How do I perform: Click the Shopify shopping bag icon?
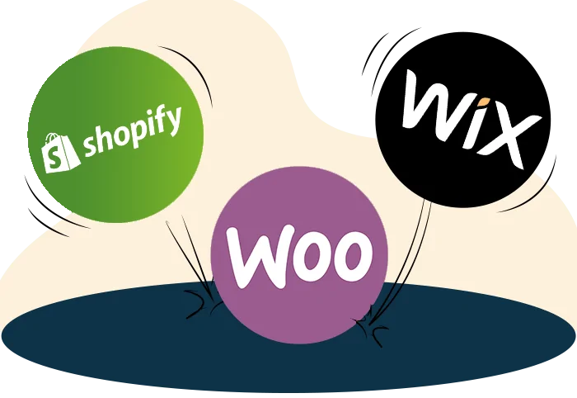[60, 153]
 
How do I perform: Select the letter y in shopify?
[173, 121]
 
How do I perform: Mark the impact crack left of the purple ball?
[200, 304]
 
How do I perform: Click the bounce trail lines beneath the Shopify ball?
[190, 258]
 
